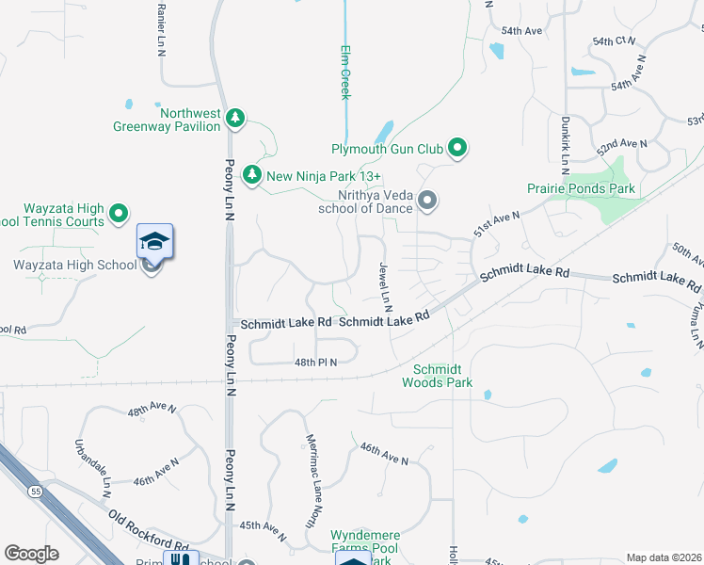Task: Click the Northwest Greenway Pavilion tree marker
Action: (236, 119)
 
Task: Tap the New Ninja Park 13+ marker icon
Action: (251, 175)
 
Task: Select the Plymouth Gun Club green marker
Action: (458, 148)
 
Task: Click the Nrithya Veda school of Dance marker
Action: (427, 200)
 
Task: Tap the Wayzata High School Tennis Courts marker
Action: (119, 215)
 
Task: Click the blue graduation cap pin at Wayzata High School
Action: (155, 241)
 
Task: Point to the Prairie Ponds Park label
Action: (582, 188)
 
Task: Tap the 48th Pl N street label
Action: (315, 362)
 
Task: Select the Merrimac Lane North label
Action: (310, 480)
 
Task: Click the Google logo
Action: (30, 553)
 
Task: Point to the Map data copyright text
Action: (664, 557)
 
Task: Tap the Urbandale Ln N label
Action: (92, 467)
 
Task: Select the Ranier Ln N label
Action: (162, 21)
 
